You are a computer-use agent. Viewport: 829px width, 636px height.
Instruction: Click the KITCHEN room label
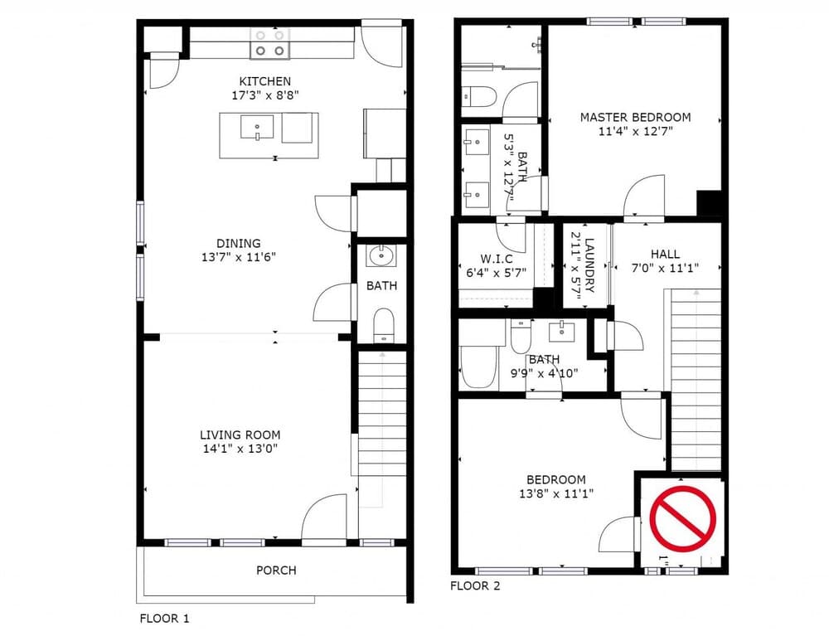point(264,81)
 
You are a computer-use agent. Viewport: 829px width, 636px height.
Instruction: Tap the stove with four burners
point(271,43)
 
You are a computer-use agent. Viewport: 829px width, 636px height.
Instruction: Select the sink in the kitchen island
point(257,129)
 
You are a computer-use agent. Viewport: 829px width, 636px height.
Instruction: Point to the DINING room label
point(238,243)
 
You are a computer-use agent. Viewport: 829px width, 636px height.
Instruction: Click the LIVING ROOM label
point(240,435)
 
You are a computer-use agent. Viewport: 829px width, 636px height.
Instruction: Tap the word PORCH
point(276,570)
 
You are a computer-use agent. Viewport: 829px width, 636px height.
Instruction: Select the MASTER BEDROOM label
point(635,118)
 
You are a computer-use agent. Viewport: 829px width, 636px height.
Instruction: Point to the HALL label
point(665,255)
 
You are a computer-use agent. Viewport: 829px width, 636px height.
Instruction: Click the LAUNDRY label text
point(589,266)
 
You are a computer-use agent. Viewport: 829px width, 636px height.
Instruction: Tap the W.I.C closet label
point(496,259)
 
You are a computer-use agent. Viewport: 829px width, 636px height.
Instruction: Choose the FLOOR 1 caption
point(164,619)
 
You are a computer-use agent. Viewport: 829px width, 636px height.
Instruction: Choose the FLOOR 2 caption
point(475,586)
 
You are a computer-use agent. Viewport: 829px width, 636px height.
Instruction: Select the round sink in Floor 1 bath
point(381,255)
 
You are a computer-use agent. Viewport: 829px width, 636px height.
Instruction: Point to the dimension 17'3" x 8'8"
point(264,95)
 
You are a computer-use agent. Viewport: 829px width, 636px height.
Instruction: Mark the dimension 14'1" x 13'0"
point(240,449)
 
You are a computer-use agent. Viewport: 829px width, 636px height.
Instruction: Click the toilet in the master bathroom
point(478,97)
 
